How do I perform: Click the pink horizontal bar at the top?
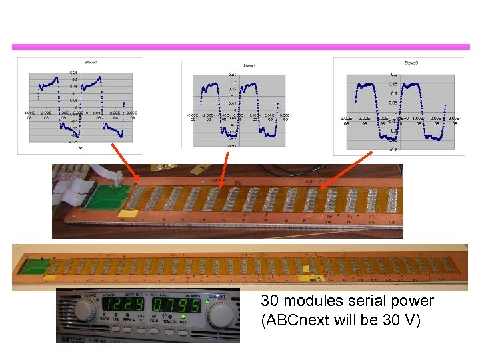point(240,47)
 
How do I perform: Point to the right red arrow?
point(347,170)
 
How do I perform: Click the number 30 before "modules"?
point(269,301)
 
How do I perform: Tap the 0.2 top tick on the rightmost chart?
point(394,75)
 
